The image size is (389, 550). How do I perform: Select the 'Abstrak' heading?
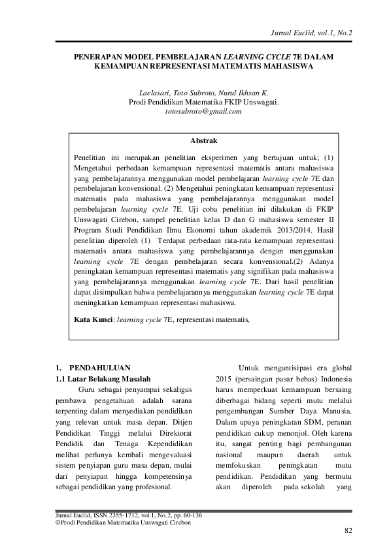pyautogui.click(x=203, y=140)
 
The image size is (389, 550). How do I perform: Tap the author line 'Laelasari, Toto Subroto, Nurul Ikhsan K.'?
pyautogui.click(x=203, y=92)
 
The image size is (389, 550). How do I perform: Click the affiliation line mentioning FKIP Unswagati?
pyautogui.click(x=203, y=102)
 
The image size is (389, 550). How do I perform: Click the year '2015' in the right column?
pyautogui.click(x=226, y=380)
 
